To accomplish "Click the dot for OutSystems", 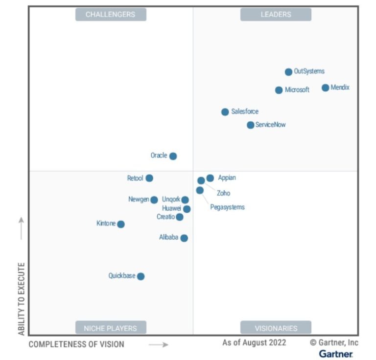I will pos(288,72).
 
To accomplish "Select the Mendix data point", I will pos(325,88).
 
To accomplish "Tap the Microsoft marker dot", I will pos(279,90).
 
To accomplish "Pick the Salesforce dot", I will pos(225,112).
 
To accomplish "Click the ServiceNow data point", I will pos(250,125).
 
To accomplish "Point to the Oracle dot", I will pos(173,156).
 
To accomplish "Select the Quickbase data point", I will pos(141,276).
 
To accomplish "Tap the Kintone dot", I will pos(121,224).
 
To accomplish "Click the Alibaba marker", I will pos(184,238).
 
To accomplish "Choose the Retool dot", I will pos(149,178).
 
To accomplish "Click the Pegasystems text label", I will pos(227,207).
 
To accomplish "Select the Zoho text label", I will pos(223,193).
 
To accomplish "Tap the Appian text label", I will pos(227,178).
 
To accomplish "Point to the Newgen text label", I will pos(139,200).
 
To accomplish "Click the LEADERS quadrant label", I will pos(276,15).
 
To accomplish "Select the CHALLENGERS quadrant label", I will pos(110,15).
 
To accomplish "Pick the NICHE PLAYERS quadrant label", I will pos(110,328).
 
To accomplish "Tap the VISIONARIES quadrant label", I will pos(276,328).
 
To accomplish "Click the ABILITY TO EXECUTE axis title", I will pos(22,299).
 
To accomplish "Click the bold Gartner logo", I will pos(336,354).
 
